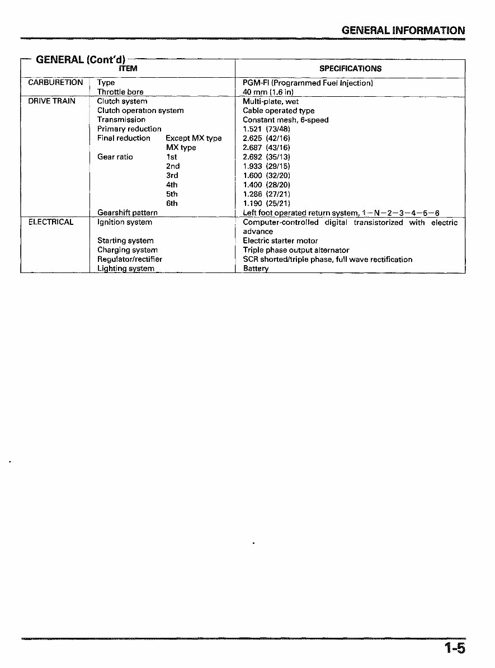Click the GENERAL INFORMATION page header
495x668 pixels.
pyautogui.click(x=403, y=30)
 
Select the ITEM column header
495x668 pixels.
pyautogui.click(x=128, y=68)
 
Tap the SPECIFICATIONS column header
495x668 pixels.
pyautogui.click(x=350, y=68)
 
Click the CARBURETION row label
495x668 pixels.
pyautogui.click(x=55, y=83)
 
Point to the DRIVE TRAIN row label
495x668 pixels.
pyautogui.click(x=52, y=101)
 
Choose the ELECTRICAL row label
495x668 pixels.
pyautogui.click(x=51, y=222)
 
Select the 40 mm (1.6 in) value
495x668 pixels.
pyautogui.click(x=268, y=92)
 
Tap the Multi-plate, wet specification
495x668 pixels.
pyautogui.click(x=271, y=101)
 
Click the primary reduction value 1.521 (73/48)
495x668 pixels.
pyautogui.click(x=266, y=129)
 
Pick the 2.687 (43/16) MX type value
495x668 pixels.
pyautogui.click(x=266, y=147)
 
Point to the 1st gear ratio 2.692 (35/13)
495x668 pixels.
pyautogui.click(x=266, y=157)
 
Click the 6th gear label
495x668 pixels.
pyautogui.click(x=172, y=203)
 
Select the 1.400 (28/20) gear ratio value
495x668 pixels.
pyautogui.click(x=266, y=185)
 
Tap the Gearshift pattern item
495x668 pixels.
pyautogui.click(x=127, y=213)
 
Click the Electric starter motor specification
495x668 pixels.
pyautogui.click(x=280, y=241)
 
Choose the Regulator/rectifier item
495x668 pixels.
pyautogui.click(x=130, y=259)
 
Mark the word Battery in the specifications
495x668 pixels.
pyautogui.click(x=256, y=269)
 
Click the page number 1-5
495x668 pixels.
pyautogui.click(x=455, y=649)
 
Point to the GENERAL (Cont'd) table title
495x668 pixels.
pyautogui.click(x=81, y=59)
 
